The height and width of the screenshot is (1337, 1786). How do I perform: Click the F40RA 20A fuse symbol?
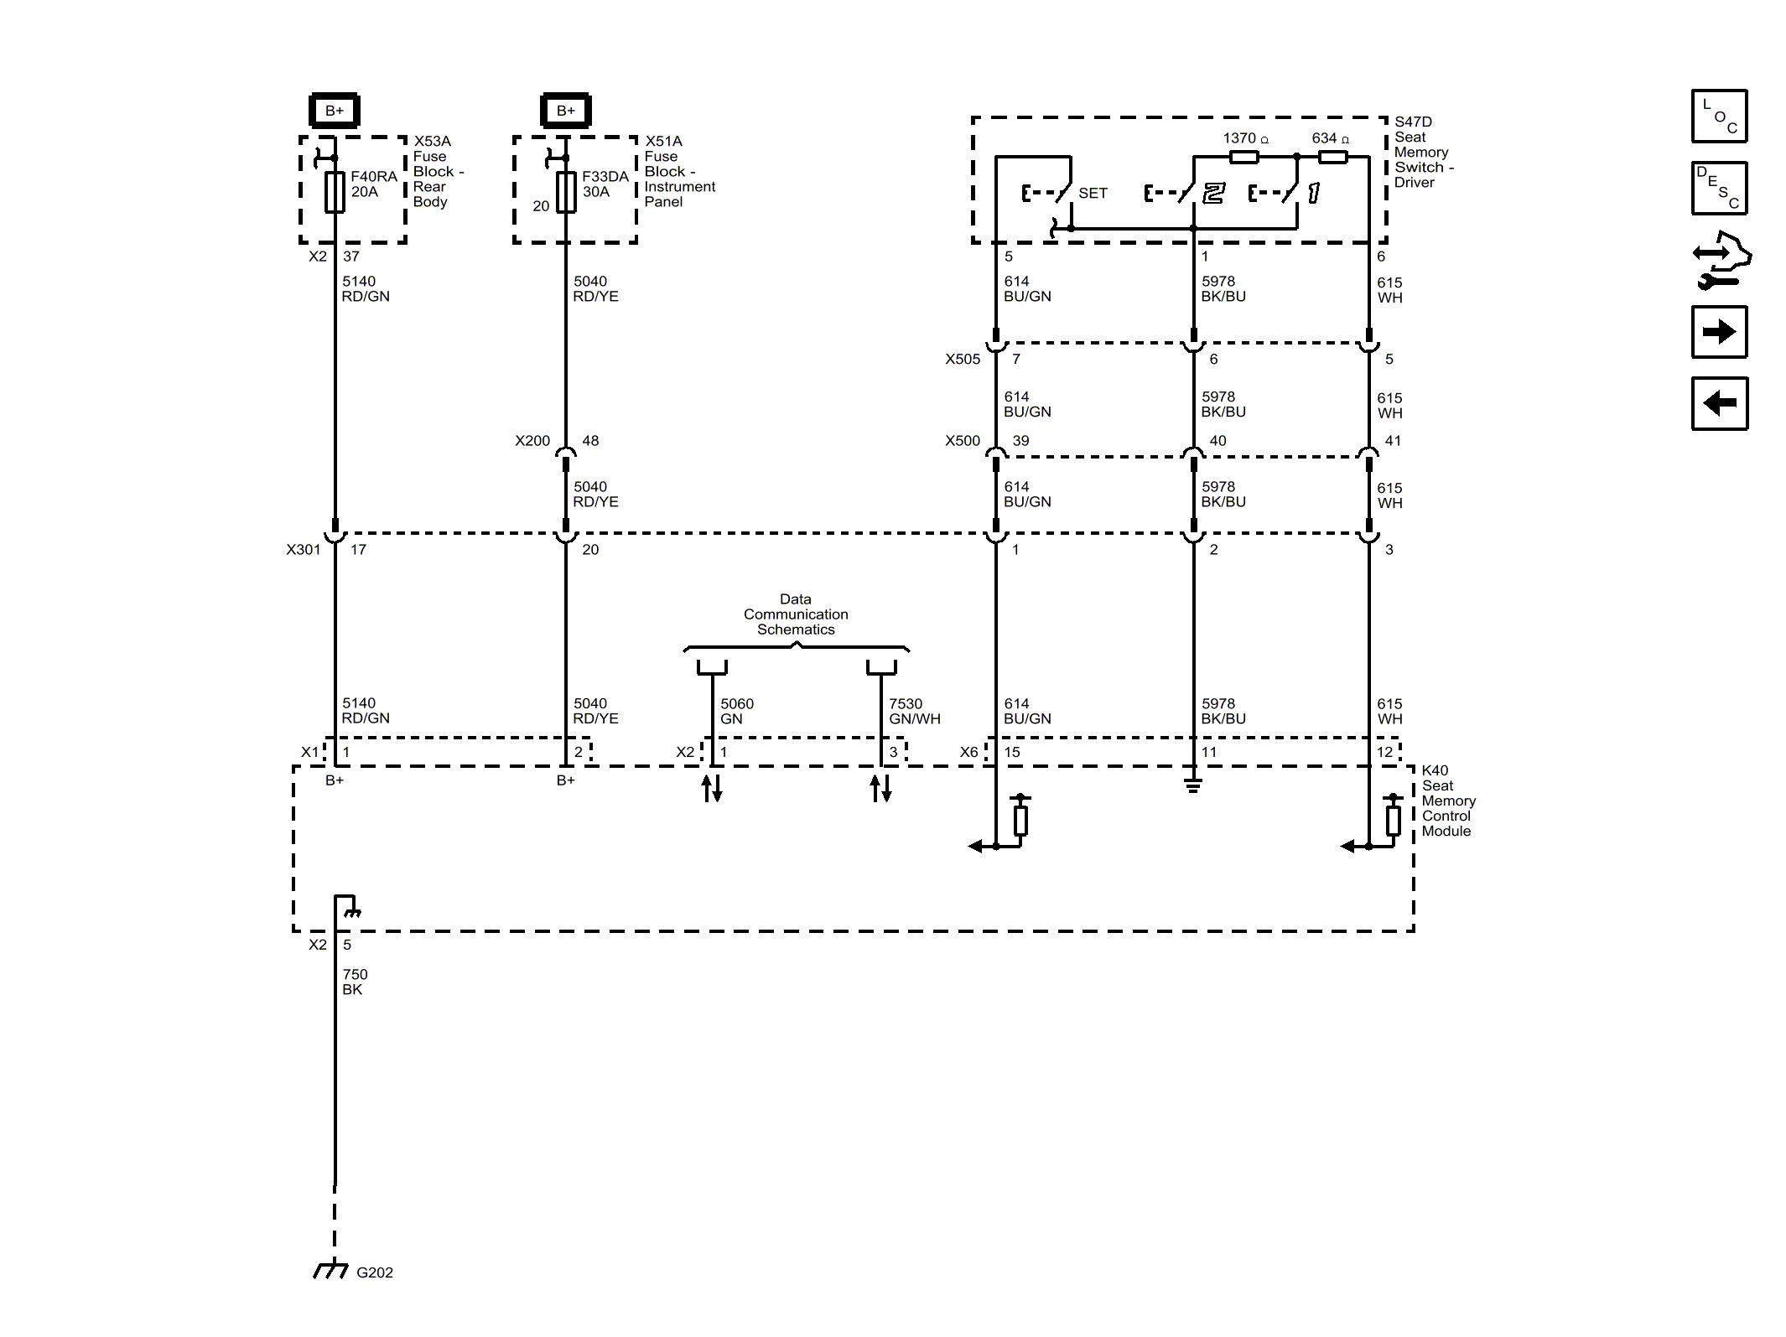click(335, 192)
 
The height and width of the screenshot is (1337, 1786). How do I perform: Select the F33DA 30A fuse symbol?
click(566, 192)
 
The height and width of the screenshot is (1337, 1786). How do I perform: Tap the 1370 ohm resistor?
click(1243, 157)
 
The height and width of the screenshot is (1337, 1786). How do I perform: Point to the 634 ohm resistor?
click(1333, 157)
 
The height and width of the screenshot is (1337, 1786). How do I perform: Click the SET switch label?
click(1093, 193)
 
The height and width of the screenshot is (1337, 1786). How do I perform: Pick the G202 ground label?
click(374, 1272)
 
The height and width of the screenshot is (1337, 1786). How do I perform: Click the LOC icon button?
click(1719, 116)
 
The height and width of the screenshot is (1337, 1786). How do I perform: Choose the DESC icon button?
click(1719, 188)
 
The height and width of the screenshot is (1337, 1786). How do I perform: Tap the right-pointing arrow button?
click(1719, 332)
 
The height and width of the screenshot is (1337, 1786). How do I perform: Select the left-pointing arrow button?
click(1719, 403)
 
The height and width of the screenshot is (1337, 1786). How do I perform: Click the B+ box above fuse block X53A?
click(335, 111)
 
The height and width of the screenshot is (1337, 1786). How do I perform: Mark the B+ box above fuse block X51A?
click(566, 111)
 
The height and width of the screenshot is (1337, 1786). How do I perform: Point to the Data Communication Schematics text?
click(796, 614)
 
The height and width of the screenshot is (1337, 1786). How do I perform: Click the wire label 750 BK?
click(355, 982)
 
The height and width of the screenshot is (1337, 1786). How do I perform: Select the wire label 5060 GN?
click(737, 711)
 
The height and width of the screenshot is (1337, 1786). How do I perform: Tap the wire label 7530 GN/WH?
click(914, 711)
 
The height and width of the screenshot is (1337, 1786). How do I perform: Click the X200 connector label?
click(532, 441)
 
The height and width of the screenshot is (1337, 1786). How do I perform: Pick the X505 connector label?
click(963, 359)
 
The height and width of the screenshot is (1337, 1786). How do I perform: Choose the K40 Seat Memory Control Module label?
click(1448, 801)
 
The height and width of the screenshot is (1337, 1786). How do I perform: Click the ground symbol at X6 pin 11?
click(1193, 785)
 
